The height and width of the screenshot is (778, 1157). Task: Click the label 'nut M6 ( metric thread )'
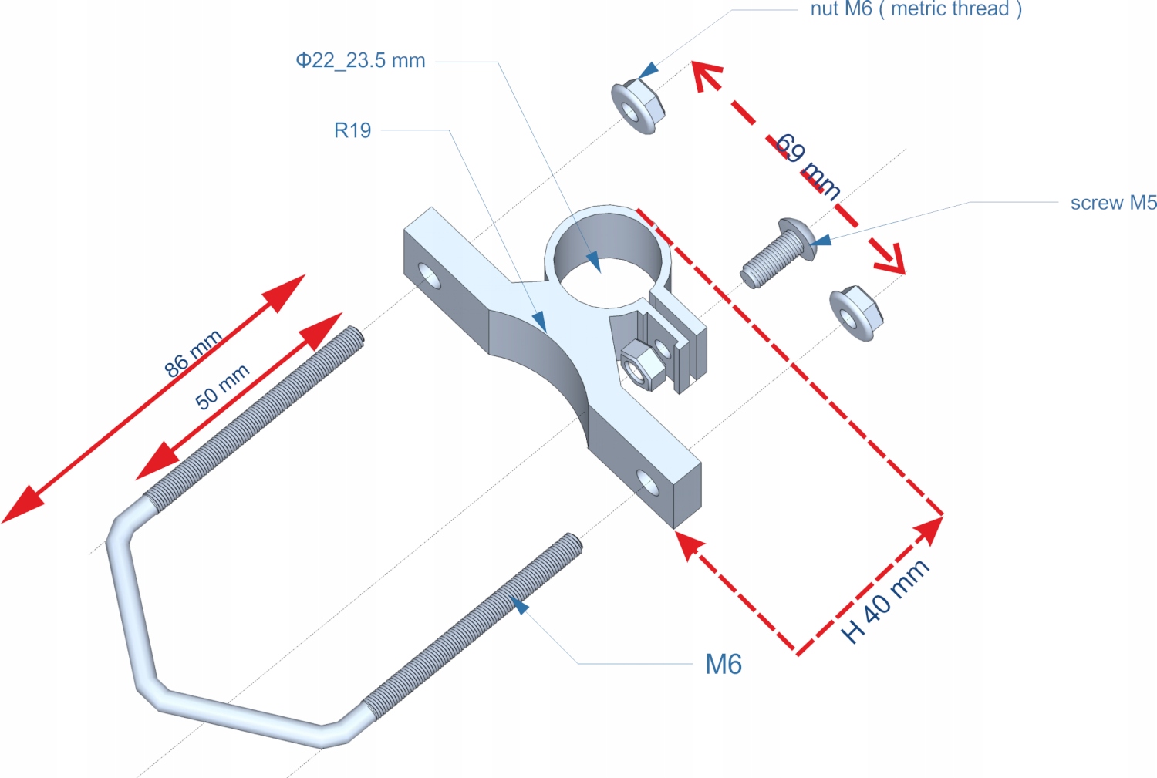click(916, 9)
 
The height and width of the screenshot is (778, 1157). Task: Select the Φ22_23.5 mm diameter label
click(360, 61)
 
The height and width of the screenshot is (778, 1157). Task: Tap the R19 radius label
click(352, 130)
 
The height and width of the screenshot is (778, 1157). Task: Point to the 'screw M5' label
click(1113, 203)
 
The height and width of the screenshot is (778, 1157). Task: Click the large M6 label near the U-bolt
click(723, 664)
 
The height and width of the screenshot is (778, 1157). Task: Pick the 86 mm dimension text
click(193, 353)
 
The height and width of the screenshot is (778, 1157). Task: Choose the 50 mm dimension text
click(222, 386)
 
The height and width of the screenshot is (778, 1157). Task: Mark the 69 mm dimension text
click(808, 167)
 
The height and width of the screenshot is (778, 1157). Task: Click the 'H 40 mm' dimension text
click(885, 601)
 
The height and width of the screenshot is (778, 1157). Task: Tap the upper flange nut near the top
click(637, 106)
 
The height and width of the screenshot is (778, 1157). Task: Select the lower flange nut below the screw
click(855, 312)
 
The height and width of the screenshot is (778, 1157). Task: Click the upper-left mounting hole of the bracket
click(429, 274)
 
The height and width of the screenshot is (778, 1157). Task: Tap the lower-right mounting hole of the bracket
click(648, 483)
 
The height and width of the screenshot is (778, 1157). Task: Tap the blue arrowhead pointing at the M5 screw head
click(821, 241)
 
